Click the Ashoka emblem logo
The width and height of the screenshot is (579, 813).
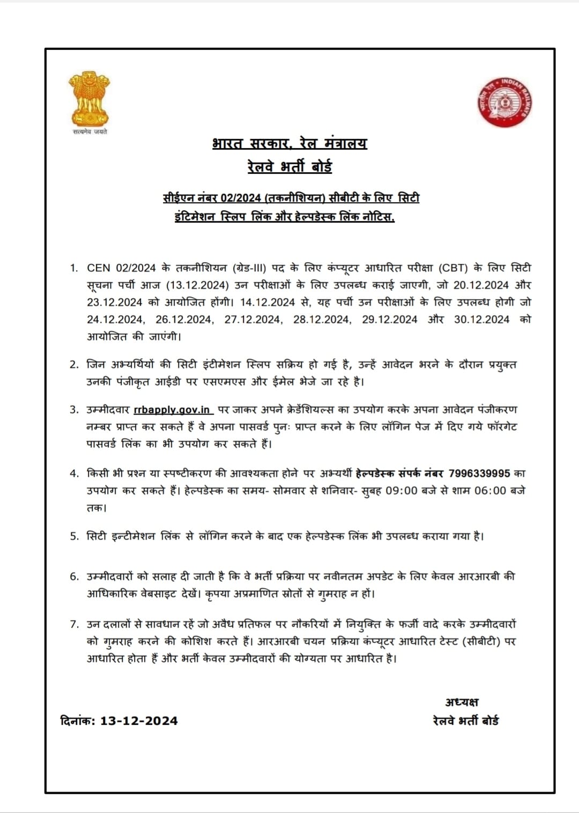coord(89,99)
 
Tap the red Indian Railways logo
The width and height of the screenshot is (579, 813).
coord(504,102)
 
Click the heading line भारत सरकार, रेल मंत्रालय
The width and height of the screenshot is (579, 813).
coord(289,144)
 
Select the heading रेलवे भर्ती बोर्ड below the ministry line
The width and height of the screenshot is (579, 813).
coord(289,167)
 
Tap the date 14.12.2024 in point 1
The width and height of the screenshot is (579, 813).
coord(268,302)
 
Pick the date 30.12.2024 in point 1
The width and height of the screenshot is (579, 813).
coord(481,320)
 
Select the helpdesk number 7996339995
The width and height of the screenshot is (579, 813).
coord(479,474)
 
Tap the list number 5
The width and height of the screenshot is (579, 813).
coord(75,536)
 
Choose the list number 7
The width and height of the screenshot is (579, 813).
coord(75,624)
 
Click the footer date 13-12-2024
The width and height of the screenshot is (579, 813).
coord(139,721)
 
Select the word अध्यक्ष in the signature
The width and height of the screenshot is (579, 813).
coord(462,703)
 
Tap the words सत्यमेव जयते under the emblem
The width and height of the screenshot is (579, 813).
coord(90,132)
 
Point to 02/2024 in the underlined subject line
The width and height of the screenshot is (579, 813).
coord(240,198)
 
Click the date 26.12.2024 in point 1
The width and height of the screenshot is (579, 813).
coord(184,320)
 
